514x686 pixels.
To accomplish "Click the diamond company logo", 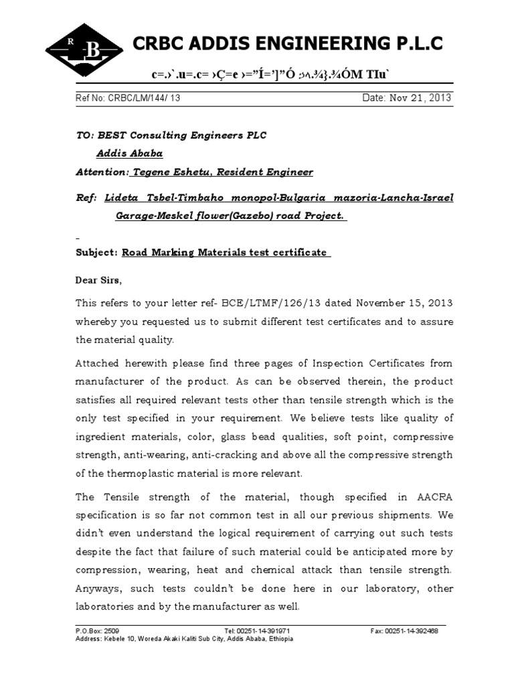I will point(84,48).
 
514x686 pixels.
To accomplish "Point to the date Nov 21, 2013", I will point(425,98).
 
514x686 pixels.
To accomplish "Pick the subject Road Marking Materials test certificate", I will point(225,253).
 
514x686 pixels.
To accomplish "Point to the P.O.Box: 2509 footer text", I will point(98,631).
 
